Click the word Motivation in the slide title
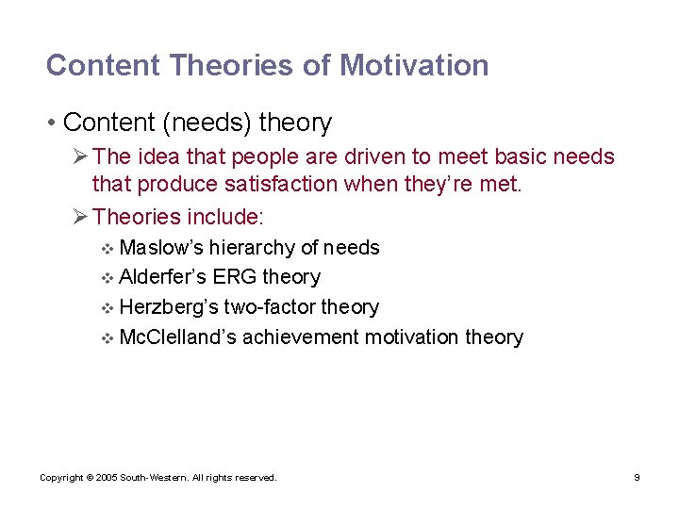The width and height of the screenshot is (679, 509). coord(414,65)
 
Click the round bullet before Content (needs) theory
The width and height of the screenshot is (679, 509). coord(54,123)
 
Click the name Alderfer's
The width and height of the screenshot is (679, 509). coord(164,277)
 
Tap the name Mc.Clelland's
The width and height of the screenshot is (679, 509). coord(178,337)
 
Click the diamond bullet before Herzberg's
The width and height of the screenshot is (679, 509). coord(107,308)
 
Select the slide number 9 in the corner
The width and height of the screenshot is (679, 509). coord(637,478)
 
